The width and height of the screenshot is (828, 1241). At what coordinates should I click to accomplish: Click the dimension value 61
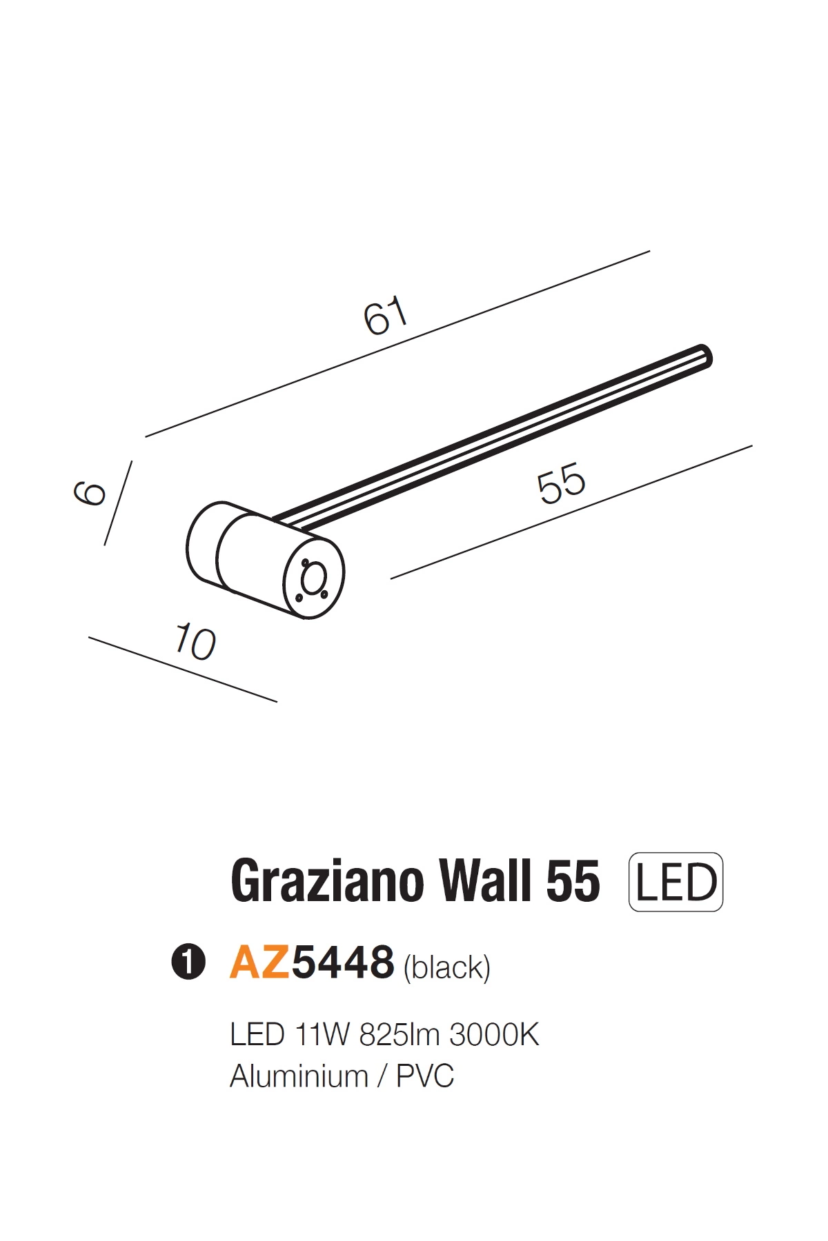(386, 316)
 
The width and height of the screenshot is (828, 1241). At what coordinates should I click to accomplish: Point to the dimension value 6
(90, 493)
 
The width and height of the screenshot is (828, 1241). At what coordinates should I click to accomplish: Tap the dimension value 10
(195, 642)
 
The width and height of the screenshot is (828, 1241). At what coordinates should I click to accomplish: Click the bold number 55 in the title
(573, 882)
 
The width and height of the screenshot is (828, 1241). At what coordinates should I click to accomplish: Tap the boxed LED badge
(676, 882)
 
